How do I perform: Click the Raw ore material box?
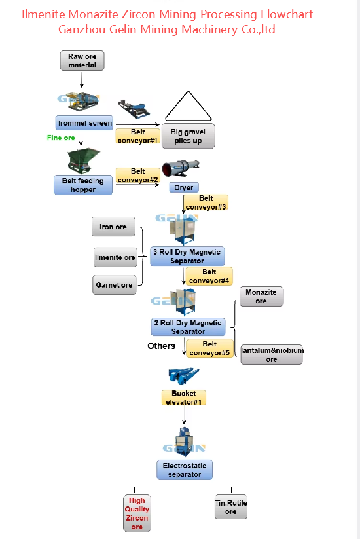point(82,61)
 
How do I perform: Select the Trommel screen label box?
point(84,122)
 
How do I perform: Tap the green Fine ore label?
point(61,138)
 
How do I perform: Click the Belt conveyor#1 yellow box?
point(137,136)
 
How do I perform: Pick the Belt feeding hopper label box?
point(83,185)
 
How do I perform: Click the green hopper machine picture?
point(83,160)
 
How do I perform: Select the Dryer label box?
point(184,187)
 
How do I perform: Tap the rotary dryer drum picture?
point(181,168)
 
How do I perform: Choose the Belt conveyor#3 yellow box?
point(206,202)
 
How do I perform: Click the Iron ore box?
point(113,227)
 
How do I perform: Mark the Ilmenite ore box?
point(115,257)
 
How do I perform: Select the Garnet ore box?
point(115,285)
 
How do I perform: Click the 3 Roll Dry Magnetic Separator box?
point(187,256)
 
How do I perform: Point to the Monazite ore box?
point(261,296)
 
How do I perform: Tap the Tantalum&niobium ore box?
point(272,354)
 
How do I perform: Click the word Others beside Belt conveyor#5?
point(161,346)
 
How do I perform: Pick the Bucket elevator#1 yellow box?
point(184,398)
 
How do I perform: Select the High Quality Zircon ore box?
point(137,513)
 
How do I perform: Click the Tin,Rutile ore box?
point(231,507)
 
